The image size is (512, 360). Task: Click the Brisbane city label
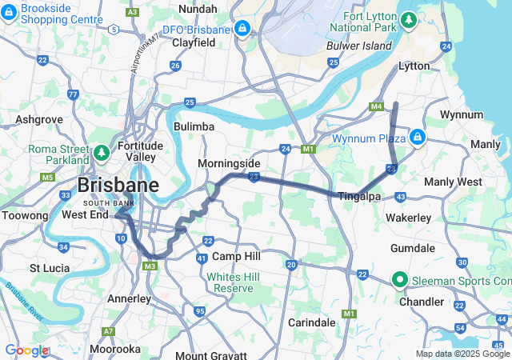click(x=118, y=186)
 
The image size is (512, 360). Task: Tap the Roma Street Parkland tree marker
click(x=102, y=151)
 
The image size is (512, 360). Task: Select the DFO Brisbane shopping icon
click(x=242, y=30)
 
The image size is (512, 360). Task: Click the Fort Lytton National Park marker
click(x=409, y=18)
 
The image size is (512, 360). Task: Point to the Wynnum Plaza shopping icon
click(x=417, y=137)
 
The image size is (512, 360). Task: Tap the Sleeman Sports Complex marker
click(x=399, y=280)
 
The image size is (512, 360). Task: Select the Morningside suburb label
click(x=230, y=163)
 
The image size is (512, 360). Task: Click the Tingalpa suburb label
click(x=358, y=196)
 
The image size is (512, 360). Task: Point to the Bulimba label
click(x=194, y=126)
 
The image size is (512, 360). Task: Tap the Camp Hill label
click(x=236, y=256)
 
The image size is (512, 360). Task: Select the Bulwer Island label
click(x=359, y=46)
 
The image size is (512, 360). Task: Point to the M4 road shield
click(x=376, y=106)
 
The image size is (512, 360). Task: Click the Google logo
click(x=26, y=350)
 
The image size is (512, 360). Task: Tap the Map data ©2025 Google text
click(x=462, y=354)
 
